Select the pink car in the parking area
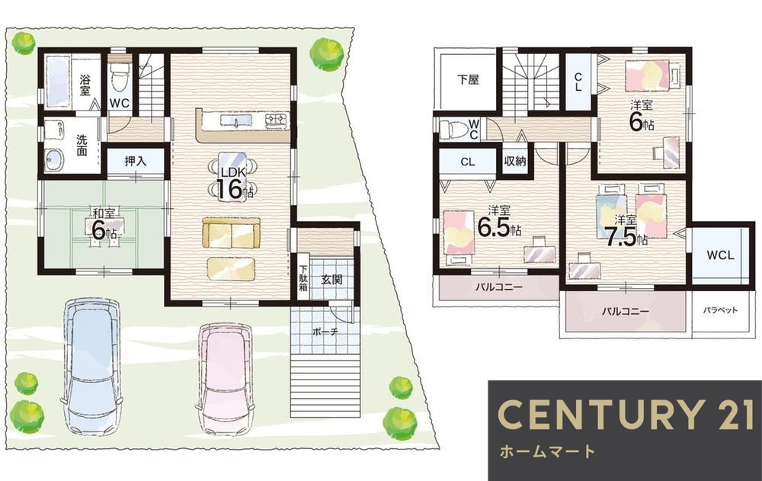coord(226,377)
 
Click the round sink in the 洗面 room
coord(56,159)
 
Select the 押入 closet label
coord(136,162)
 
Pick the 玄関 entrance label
coord(331,280)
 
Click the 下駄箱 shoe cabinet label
coord(303,280)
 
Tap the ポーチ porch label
coord(323,332)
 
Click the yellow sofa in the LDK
coord(231,233)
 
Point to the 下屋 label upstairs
coord(468,79)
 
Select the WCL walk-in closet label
coord(720,255)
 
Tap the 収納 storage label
coord(515,161)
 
